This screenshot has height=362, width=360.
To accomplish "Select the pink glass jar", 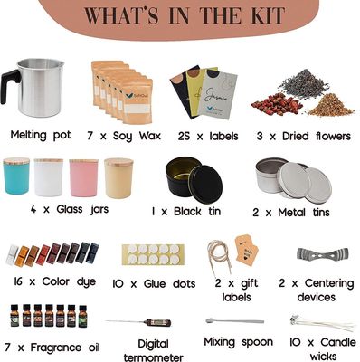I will pyautogui.click(x=84, y=179).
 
